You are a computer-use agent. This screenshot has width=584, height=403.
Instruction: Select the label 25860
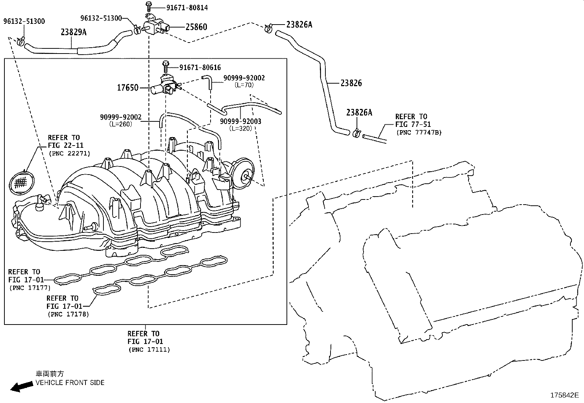(x=196, y=27)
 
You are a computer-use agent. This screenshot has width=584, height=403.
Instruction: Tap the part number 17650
(x=128, y=88)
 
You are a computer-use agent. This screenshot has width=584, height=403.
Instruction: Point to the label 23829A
(x=73, y=32)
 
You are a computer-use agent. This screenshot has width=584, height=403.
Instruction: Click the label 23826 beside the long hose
(x=351, y=83)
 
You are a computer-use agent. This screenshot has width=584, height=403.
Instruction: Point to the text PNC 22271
(x=69, y=154)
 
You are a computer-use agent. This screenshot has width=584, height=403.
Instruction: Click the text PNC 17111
(x=149, y=350)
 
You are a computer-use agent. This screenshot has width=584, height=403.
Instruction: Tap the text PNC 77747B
(x=419, y=132)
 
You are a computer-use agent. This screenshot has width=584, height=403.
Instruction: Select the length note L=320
(x=241, y=129)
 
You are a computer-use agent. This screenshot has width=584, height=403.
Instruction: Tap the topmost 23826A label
(x=299, y=25)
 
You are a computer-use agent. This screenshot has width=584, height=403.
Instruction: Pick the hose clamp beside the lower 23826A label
(x=355, y=133)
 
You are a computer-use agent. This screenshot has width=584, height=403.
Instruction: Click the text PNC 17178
(x=68, y=314)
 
